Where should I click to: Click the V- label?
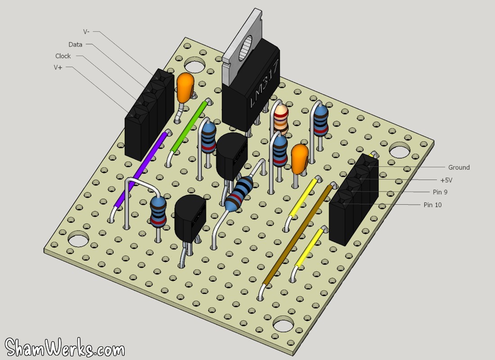[86, 31]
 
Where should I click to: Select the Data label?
[75, 45]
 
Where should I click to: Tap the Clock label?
[63, 56]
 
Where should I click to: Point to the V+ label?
[58, 67]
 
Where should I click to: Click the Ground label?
[459, 167]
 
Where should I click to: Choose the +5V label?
[446, 180]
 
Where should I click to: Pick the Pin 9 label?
[440, 192]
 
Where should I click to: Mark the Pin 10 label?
[432, 205]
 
